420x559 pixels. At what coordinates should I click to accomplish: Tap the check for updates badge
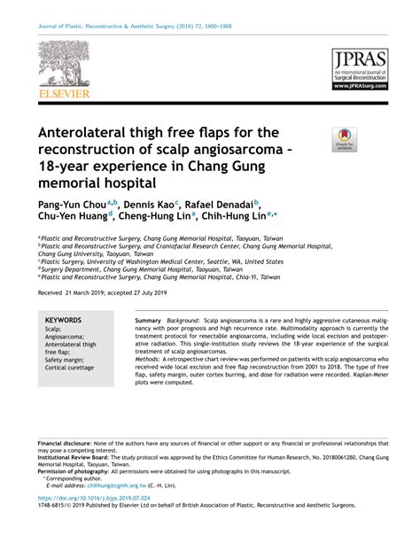click(344, 140)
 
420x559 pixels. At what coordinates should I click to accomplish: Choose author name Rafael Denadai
click(219, 204)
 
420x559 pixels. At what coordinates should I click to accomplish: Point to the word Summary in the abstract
click(148, 319)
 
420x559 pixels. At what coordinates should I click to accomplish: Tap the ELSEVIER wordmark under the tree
click(64, 92)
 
